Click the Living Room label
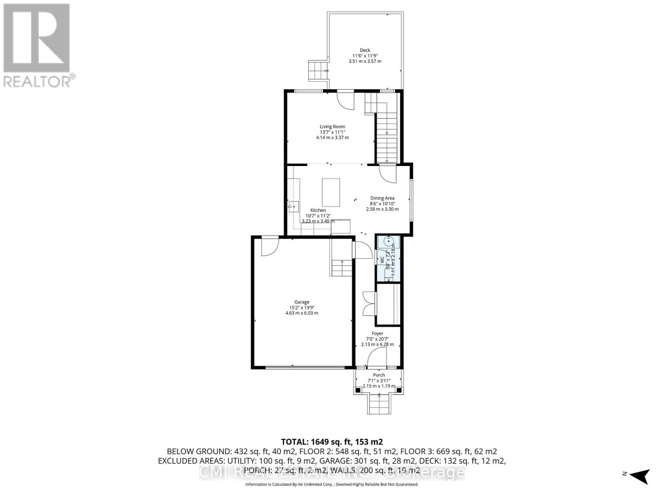(332, 127)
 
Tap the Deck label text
(365, 50)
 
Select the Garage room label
(302, 302)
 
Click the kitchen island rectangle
(331, 192)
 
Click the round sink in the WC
(389, 240)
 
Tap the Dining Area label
(382, 198)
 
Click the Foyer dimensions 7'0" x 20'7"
(377, 339)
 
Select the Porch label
(378, 375)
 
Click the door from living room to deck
(345, 100)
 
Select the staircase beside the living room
(387, 137)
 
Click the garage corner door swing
(269, 246)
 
